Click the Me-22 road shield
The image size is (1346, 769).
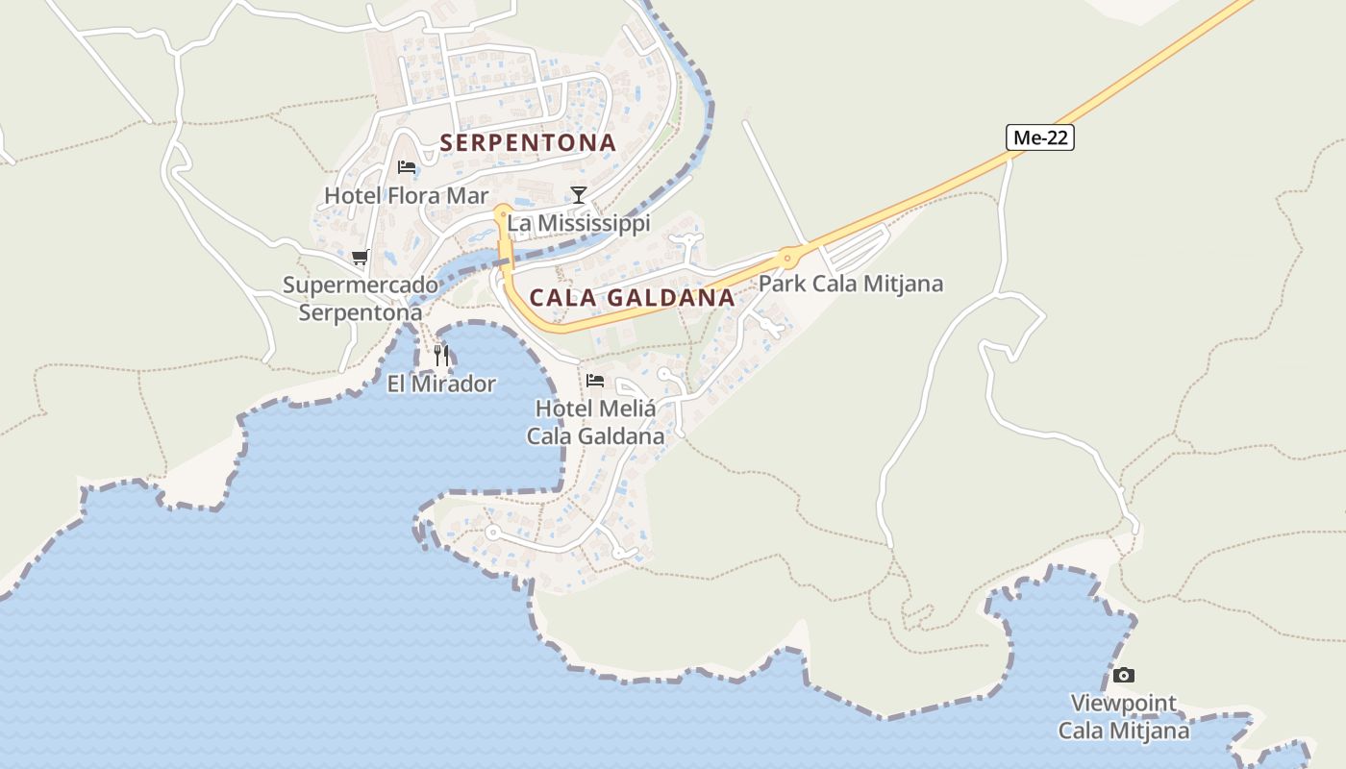point(1040,138)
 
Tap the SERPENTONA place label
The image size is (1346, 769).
point(528,143)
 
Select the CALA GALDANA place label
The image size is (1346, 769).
point(633,298)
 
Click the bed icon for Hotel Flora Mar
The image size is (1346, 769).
point(407,167)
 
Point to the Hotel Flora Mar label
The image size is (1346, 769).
point(406,196)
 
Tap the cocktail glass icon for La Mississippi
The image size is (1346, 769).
point(578,195)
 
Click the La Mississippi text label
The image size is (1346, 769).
point(579,224)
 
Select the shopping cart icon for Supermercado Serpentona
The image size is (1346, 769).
point(360,257)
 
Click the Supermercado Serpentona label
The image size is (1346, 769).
point(361,299)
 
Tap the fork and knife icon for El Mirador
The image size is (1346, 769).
point(441,355)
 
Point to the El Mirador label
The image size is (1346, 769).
point(441,384)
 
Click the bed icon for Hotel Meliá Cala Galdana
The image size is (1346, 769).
point(595,380)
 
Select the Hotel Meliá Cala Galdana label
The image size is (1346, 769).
point(595,422)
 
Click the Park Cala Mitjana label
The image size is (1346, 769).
point(851,285)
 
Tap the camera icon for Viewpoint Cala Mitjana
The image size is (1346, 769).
point(1123,675)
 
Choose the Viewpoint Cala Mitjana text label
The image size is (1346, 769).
point(1124,717)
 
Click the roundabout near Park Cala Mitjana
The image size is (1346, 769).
point(789,257)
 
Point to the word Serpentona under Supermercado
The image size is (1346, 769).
point(361,313)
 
